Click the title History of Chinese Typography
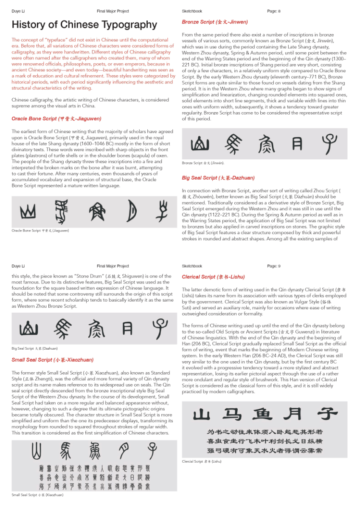(84, 25)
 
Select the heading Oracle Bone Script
(56, 119)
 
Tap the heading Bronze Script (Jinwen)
(215, 22)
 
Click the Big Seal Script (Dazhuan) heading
(218, 178)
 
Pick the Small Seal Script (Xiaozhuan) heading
(53, 360)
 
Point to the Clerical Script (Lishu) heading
(213, 277)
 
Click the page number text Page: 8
(274, 11)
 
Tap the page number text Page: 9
(274, 266)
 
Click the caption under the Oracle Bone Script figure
(40, 230)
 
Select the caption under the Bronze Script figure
(203, 163)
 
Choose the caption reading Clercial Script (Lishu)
(202, 461)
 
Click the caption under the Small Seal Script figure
(37, 495)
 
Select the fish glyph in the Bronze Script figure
(266, 144)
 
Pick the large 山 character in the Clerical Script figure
(201, 414)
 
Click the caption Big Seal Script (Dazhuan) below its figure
(34, 348)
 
